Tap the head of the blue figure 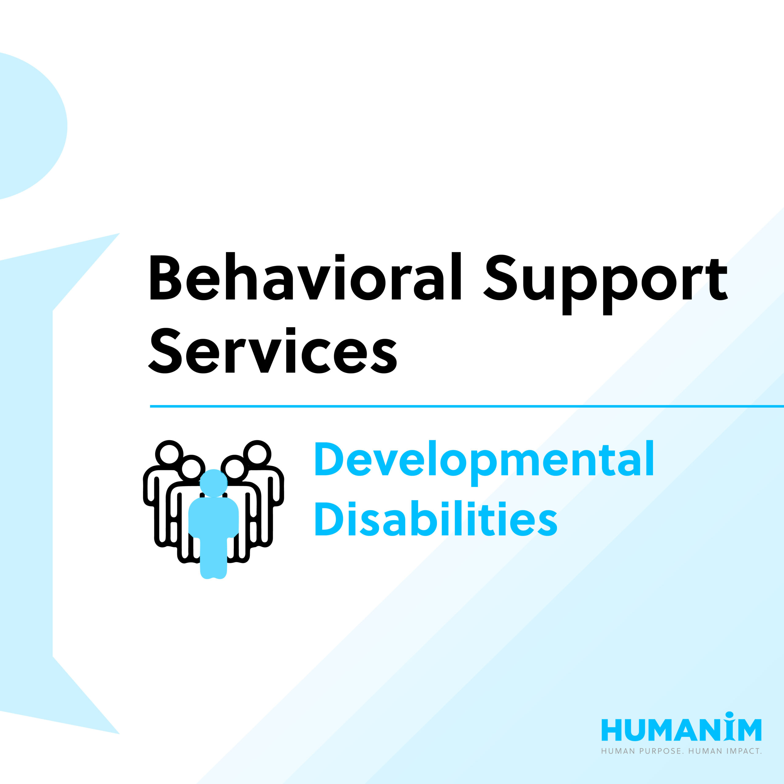213,483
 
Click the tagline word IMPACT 743,751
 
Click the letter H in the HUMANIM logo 611,730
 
